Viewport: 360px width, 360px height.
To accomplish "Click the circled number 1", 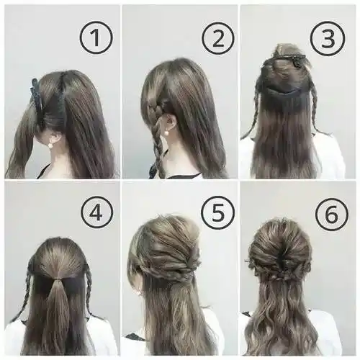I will click(x=96, y=37).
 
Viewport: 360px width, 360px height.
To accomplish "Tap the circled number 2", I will click(x=217, y=37).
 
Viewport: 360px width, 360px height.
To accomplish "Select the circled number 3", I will click(x=327, y=37).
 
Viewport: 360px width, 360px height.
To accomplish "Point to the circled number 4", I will click(x=96, y=213).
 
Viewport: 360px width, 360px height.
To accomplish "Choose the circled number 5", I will click(x=217, y=213).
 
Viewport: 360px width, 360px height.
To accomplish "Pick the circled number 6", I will click(x=332, y=213).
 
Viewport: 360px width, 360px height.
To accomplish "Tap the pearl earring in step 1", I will click(x=51, y=144).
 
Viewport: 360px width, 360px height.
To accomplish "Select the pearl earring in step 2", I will click(x=166, y=132).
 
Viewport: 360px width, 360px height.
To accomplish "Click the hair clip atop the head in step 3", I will click(x=287, y=60).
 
